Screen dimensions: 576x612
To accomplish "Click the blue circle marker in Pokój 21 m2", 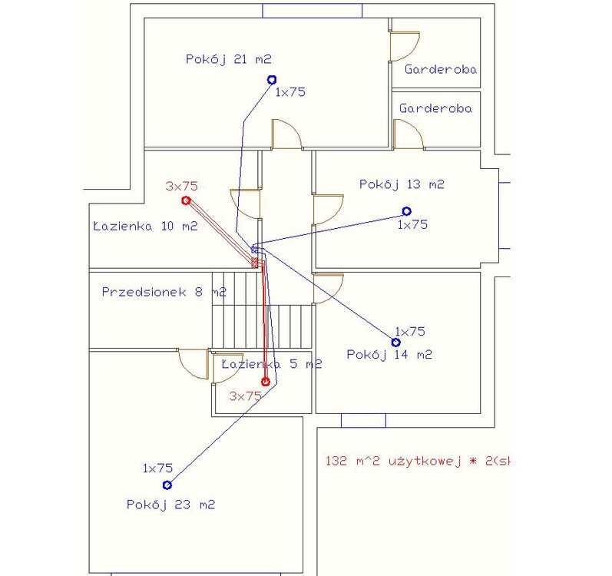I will click(271, 79).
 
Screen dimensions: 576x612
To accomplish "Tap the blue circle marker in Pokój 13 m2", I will click(406, 210).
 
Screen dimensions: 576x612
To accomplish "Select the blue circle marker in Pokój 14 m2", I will click(396, 342).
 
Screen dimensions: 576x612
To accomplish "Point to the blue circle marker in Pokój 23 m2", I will click(167, 485).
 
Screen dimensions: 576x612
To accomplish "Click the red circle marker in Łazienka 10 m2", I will click(186, 200).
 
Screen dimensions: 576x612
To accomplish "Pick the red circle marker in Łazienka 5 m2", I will click(265, 381).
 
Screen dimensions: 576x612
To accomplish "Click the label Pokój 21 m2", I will click(229, 58).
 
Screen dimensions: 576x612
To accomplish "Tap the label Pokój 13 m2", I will click(402, 184).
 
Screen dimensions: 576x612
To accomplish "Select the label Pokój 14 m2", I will click(389, 354).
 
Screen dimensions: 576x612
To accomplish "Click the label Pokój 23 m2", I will click(170, 505).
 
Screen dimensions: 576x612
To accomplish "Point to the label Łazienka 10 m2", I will click(144, 226).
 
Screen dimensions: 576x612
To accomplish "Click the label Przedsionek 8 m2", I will click(164, 292).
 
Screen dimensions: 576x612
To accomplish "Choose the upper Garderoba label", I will click(441, 69).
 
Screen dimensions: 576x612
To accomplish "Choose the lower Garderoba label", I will click(435, 109).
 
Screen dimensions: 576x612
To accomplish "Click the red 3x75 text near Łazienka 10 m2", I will click(182, 186).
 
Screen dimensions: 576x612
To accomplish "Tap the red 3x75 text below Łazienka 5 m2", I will click(246, 396).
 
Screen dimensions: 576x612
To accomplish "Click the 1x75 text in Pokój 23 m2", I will click(157, 468).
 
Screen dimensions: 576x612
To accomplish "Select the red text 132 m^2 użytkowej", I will click(418, 462).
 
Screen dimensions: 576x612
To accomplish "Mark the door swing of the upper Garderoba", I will click(404, 46).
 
